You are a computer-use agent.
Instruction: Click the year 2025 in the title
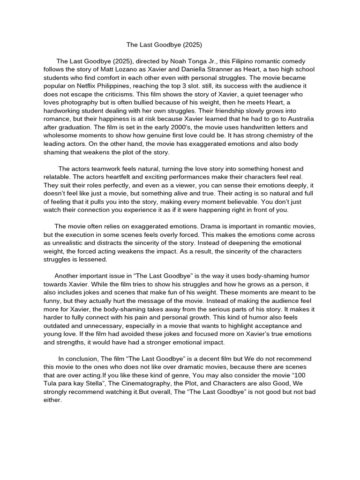coord(193,45)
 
